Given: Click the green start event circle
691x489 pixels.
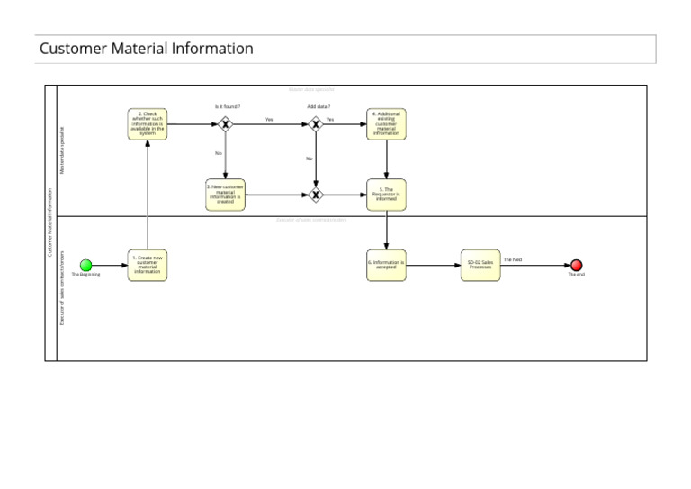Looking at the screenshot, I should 86,265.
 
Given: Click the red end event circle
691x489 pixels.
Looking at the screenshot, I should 576,265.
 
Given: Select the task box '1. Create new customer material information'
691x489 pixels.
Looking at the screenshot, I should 147,265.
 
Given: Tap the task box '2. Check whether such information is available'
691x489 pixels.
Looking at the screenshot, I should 147,124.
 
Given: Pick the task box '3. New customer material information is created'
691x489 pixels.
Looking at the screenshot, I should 225,195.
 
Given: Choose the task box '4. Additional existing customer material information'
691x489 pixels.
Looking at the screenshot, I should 386,124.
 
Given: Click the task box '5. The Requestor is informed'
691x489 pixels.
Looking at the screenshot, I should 386,195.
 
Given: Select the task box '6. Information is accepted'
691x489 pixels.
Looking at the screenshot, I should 386,265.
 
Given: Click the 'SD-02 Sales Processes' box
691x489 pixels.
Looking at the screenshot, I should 480,265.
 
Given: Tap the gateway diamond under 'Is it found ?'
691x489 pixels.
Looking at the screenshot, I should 226,124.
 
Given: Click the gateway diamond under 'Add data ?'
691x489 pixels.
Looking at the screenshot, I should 315,124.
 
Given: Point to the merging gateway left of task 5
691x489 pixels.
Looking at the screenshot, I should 315,195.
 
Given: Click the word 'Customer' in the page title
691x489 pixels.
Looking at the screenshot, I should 73,49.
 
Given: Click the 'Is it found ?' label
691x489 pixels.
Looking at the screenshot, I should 227,106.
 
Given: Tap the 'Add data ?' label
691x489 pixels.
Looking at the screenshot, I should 319,106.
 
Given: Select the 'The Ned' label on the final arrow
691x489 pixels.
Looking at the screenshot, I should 512,259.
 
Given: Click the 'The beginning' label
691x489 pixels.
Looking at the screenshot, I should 86,275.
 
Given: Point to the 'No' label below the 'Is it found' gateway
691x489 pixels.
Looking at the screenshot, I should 218,153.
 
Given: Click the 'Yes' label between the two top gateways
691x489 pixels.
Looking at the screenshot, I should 269,119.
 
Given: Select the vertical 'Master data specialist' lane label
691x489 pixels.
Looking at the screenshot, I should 62,149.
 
